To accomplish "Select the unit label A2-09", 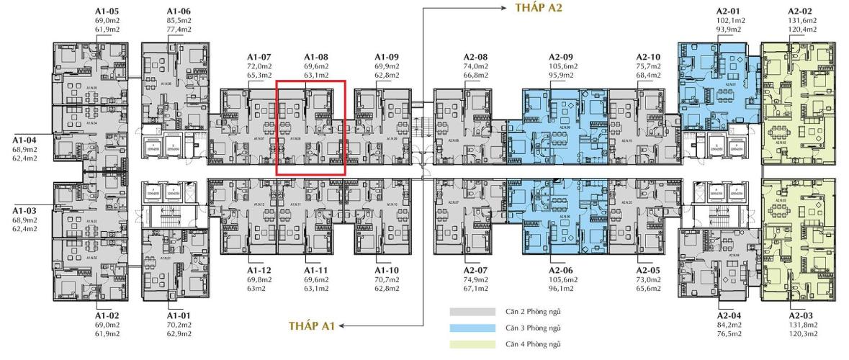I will (560, 56).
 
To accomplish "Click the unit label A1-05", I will (106, 12).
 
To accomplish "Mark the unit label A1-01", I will (179, 315).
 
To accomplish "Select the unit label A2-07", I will (475, 270).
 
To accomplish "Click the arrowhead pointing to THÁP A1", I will (341, 326).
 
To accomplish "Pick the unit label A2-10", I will (648, 56).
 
